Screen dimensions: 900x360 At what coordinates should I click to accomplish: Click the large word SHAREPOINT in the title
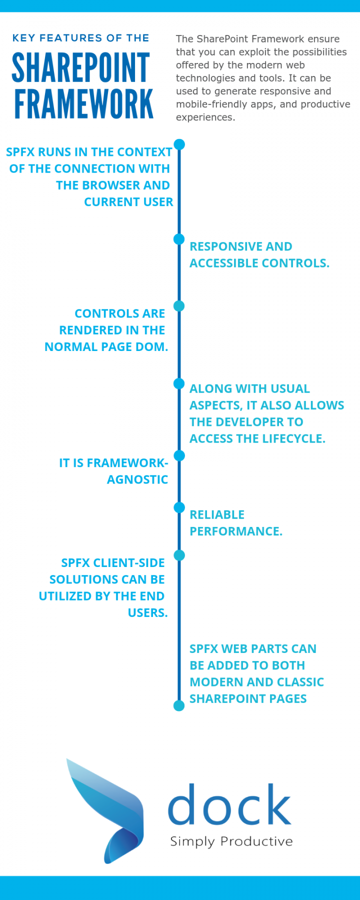(x=80, y=68)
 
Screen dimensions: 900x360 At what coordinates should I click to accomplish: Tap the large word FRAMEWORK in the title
(x=83, y=104)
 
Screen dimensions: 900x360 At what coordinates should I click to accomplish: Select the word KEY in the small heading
(x=23, y=38)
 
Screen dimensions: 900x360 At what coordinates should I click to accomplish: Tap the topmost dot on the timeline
(x=179, y=144)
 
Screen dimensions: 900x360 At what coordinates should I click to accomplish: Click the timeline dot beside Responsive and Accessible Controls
(x=179, y=239)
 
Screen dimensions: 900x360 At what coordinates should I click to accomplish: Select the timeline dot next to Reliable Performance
(x=179, y=507)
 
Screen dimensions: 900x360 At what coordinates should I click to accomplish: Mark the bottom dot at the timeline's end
(x=179, y=705)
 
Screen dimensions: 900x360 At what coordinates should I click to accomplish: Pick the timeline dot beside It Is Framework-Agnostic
(x=179, y=455)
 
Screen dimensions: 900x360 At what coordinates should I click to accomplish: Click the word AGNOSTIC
(x=137, y=479)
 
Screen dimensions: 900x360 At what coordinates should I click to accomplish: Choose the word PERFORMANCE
(x=235, y=531)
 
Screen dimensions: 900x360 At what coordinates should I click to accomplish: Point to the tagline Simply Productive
(x=231, y=841)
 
